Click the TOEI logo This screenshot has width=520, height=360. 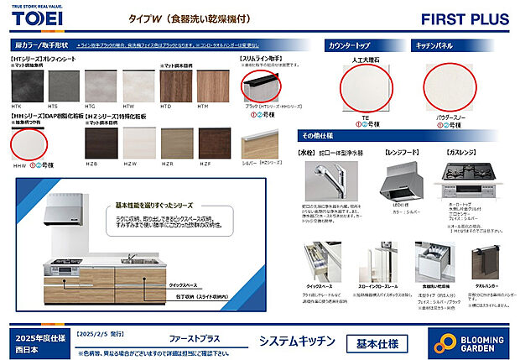[35, 19]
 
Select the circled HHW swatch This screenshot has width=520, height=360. [28, 144]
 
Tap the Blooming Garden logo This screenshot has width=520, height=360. [466, 342]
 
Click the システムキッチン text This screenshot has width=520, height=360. [298, 342]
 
